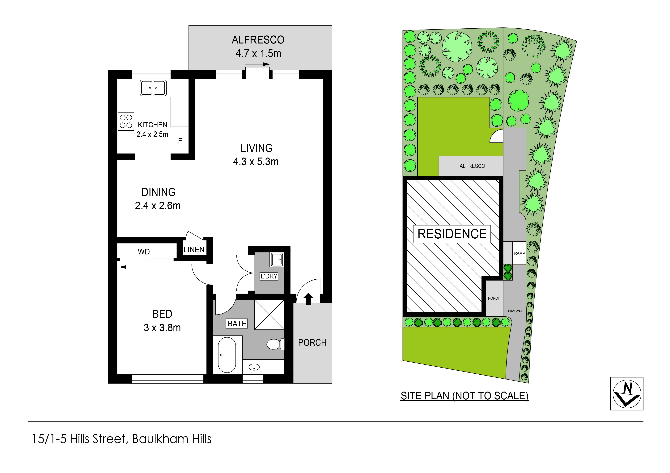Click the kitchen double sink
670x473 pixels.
point(153,88)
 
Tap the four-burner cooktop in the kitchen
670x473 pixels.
point(126,121)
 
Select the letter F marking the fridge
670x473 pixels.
point(180,141)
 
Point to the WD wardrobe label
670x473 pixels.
point(144,252)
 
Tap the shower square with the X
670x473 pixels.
point(269,315)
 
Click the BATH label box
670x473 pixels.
point(237,323)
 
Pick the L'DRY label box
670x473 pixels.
point(269,276)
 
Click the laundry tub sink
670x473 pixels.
point(277,259)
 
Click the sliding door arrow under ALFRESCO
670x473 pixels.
point(257,64)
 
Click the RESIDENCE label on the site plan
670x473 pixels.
point(452,234)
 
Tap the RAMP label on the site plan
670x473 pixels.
point(519,253)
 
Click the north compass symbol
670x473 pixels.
point(627,393)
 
